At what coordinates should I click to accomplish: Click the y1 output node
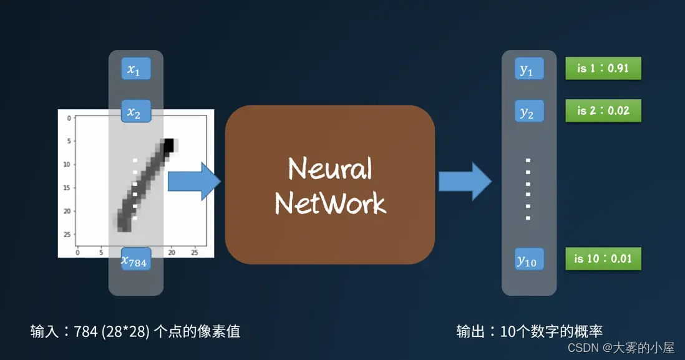[528, 70]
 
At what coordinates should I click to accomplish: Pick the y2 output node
[528, 112]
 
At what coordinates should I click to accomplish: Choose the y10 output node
[528, 260]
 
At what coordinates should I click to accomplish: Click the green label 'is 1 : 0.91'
[603, 69]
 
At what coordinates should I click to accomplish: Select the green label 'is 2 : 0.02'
[603, 111]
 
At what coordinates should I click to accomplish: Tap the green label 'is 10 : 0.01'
[603, 258]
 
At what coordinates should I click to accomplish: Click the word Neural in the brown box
[330, 168]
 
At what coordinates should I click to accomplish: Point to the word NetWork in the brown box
[330, 203]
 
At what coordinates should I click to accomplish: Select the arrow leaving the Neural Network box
[465, 182]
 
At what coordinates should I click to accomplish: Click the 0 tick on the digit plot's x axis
[77, 252]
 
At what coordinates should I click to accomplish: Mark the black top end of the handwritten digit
[167, 147]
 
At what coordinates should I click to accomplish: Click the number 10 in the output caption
[507, 331]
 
